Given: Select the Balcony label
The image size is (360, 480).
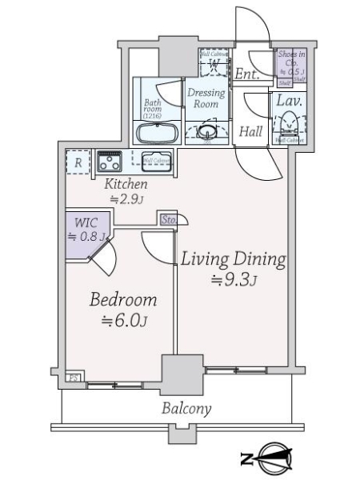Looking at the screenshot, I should (x=186, y=409).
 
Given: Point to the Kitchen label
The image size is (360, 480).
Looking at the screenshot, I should (x=126, y=184).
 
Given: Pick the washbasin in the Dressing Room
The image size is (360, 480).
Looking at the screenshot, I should (x=206, y=131).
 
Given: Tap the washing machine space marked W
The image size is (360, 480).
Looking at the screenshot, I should (x=214, y=62).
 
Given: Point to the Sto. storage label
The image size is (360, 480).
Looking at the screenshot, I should (x=168, y=218).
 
